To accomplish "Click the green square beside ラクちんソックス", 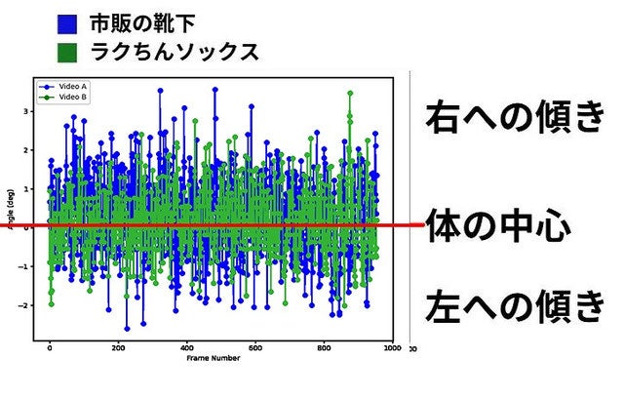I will point(68,51).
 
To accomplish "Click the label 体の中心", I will point(497,227).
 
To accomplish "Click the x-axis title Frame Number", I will point(213,358).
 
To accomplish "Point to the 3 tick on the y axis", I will point(26,111).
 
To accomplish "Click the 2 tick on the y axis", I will point(26,150).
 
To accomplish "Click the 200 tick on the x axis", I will point(118,348).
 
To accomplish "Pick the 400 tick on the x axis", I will point(186,348).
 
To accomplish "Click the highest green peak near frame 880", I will point(349,94).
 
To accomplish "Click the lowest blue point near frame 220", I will point(126,328).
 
